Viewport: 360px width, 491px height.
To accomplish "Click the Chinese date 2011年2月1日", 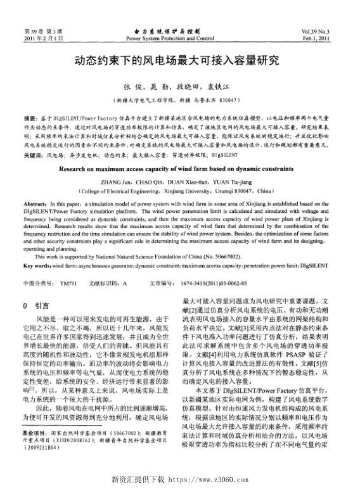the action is (x=43, y=38).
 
